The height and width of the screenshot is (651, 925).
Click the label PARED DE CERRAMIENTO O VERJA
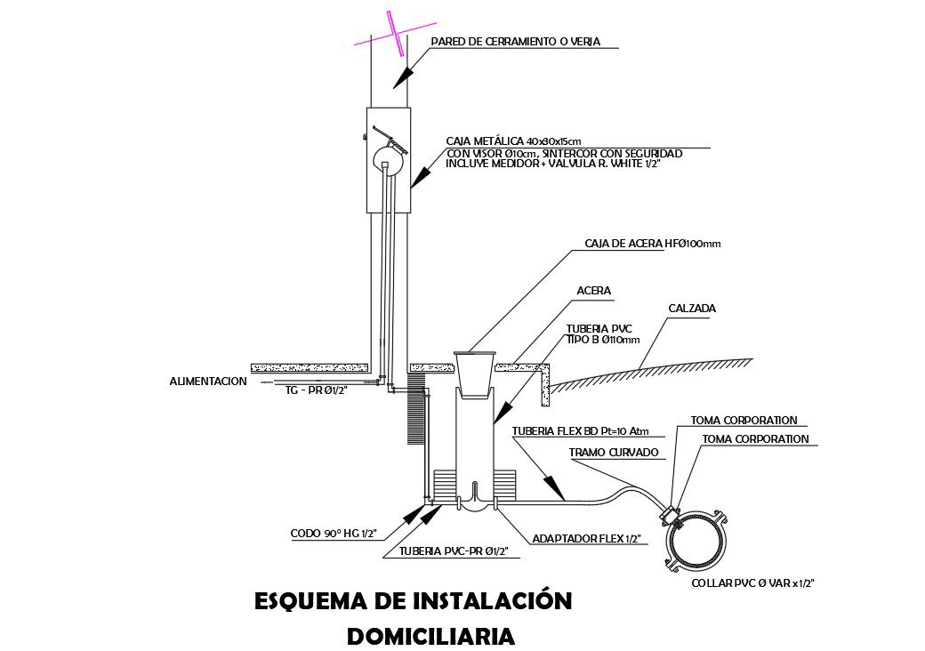tap(516, 42)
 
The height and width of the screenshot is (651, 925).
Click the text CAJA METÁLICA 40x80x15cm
tap(514, 141)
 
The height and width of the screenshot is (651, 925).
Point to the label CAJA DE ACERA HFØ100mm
tap(646, 243)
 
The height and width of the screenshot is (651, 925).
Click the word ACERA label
tap(594, 291)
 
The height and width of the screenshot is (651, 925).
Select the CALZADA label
tap(692, 309)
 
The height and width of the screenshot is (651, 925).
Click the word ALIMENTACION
tap(208, 382)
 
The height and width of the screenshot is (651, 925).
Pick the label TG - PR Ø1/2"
tap(316, 390)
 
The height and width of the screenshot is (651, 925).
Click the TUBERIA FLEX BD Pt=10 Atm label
tap(581, 432)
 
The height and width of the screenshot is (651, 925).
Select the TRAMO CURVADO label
tap(614, 453)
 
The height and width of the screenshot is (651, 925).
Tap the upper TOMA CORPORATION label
tap(744, 421)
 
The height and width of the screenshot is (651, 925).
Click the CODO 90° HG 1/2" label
tap(334, 534)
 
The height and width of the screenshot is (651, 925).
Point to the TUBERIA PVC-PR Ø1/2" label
tap(454, 551)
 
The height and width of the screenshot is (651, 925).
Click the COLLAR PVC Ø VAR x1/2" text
tap(753, 583)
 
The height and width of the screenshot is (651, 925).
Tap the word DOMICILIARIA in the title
tap(430, 636)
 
